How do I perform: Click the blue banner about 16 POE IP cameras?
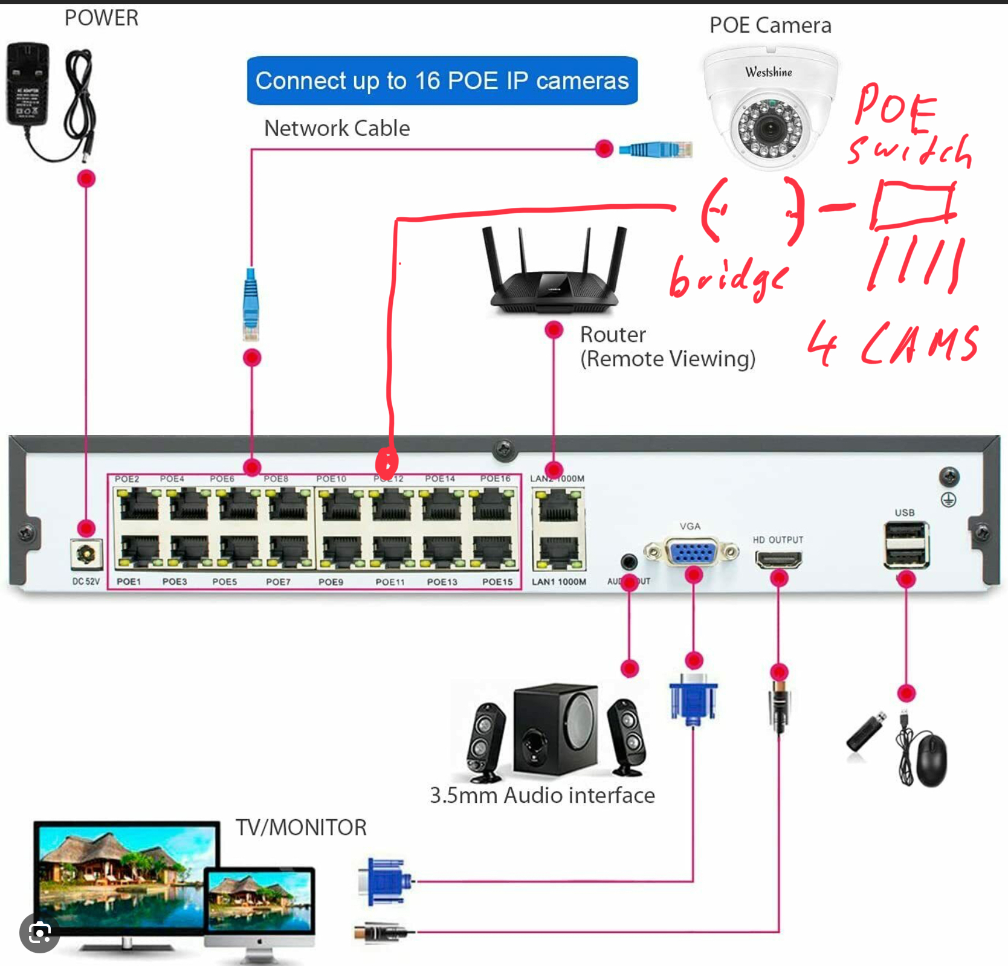[x=442, y=80]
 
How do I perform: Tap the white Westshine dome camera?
[x=770, y=109]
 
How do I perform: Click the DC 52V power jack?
[x=86, y=554]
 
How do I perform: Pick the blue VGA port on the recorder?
[x=692, y=552]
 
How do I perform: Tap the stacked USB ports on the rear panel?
[x=905, y=546]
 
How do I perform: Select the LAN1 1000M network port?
[x=558, y=550]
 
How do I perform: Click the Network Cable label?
[x=337, y=128]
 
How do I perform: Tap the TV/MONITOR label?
[x=301, y=827]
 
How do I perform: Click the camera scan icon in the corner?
[x=39, y=933]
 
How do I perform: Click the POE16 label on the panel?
[x=495, y=478]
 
